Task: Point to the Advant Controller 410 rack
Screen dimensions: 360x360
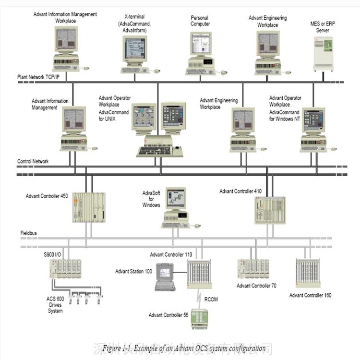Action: [x=269, y=209]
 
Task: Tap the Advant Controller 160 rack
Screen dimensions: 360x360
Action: [x=308, y=273]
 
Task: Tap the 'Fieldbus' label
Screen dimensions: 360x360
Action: [x=29, y=232]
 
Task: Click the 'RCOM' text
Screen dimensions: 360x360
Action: [x=211, y=299]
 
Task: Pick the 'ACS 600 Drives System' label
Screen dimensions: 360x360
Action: [x=55, y=304]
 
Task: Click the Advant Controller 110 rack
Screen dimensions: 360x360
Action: [x=199, y=275]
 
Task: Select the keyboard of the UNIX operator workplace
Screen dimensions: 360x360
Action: [x=154, y=151]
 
